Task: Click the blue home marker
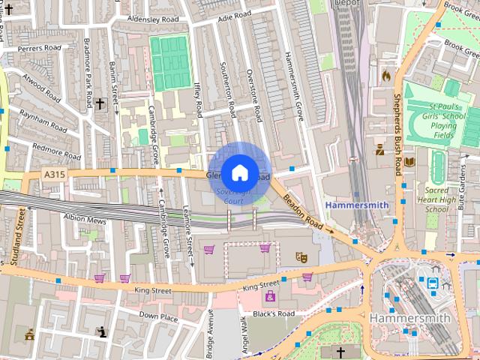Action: (x=239, y=172)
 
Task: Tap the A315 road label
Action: (x=53, y=175)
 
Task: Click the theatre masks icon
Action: (x=302, y=256)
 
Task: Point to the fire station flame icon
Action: (x=386, y=75)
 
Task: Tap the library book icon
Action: (x=409, y=161)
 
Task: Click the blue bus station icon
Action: (x=433, y=283)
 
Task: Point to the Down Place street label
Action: (x=159, y=316)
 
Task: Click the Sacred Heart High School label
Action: (x=436, y=200)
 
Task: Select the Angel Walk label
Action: (x=242, y=335)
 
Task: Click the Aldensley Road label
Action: (x=153, y=18)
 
